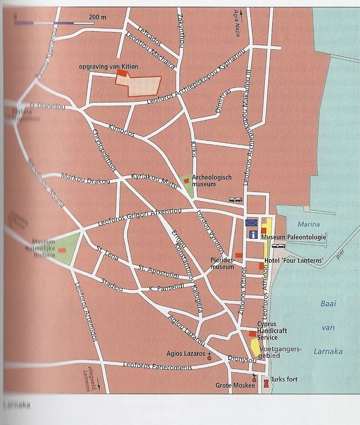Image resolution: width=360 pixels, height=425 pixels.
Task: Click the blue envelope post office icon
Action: (x=251, y=223)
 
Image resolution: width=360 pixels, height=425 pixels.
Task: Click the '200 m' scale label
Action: (x=98, y=17)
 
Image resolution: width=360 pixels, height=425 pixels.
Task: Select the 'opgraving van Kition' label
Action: (x=112, y=67)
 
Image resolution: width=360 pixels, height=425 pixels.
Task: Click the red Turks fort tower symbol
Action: (x=267, y=384)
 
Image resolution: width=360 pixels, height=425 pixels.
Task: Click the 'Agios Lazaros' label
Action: (x=186, y=354)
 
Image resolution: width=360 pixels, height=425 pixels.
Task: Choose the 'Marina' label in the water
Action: (x=308, y=224)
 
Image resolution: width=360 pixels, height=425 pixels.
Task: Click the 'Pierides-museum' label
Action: (x=222, y=263)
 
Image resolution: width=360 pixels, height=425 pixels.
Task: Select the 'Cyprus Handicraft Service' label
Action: (x=272, y=331)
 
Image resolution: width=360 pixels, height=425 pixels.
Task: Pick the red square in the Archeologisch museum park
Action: (x=186, y=181)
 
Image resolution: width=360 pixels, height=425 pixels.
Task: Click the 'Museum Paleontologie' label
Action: (x=294, y=237)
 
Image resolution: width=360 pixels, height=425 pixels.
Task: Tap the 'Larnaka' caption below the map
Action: (x=16, y=405)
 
